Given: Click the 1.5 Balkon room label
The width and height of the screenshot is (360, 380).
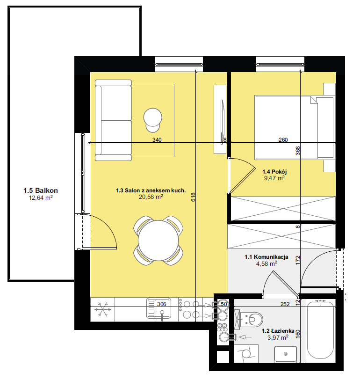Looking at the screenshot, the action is (41, 190).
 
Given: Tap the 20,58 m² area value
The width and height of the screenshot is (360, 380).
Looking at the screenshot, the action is (151, 197).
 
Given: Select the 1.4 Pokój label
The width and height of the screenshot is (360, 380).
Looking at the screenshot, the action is (274, 172).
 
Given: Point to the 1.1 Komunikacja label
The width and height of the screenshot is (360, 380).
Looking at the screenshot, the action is (266, 257).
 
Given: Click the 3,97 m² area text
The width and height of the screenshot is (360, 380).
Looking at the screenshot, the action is (278, 337).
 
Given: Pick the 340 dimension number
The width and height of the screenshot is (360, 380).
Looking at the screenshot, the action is (157, 140).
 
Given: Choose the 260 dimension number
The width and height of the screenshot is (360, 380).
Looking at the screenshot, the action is (283, 140).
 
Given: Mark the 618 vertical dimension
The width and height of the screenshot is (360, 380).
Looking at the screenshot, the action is (193, 197).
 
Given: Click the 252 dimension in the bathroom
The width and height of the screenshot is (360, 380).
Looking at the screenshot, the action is (285, 304).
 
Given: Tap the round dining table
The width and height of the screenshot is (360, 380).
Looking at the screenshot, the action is (158, 241).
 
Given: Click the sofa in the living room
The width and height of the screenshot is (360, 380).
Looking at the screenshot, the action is (113, 120).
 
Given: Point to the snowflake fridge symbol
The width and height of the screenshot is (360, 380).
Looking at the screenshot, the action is (103, 309).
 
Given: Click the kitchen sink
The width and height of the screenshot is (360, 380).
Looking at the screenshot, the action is (159, 308).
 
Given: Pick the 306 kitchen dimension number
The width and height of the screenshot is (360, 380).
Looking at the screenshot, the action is (161, 304).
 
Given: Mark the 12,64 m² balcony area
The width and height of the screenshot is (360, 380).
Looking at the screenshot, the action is (41, 198).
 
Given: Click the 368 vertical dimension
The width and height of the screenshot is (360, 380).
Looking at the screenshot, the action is (298, 151).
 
